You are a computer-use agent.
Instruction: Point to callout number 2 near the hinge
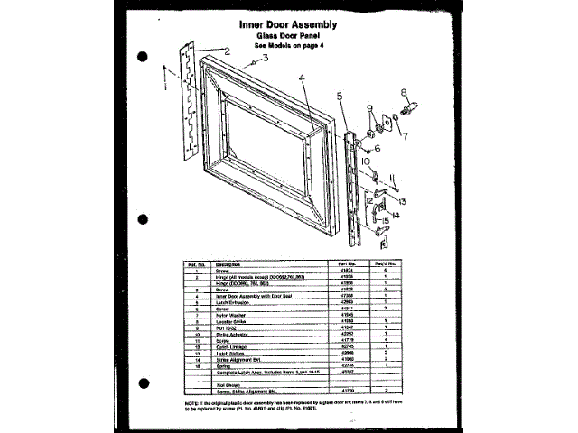228,52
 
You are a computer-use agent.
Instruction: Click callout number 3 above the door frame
266,57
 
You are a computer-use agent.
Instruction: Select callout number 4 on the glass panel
304,78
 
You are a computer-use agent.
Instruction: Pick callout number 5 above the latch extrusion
340,96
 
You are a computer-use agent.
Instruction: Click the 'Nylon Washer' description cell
228,313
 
